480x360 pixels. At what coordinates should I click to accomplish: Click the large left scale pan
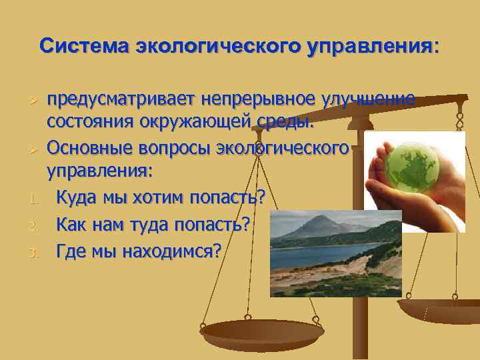click(x=262, y=331)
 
